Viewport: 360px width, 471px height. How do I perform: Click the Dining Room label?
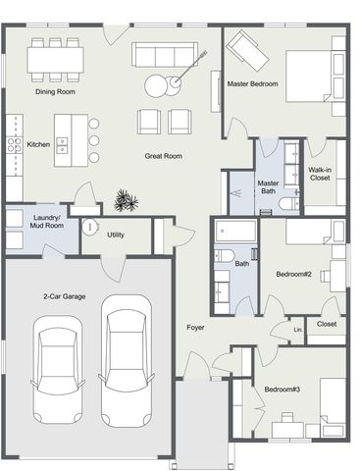click(x=55, y=92)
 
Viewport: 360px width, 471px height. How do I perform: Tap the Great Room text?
click(x=164, y=156)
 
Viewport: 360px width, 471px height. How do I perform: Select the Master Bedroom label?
click(x=253, y=83)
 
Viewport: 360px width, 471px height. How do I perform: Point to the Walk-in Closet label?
click(x=320, y=174)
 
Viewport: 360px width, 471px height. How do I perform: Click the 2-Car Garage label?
click(x=65, y=296)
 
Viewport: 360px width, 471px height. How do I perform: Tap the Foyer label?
click(x=195, y=328)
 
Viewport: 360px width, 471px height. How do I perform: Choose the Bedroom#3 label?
click(x=283, y=390)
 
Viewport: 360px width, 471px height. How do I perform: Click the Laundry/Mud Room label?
click(x=47, y=222)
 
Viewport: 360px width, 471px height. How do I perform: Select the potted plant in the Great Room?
click(x=126, y=200)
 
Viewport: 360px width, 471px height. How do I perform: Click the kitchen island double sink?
click(x=62, y=145)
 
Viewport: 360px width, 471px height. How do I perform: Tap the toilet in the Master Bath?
click(x=289, y=203)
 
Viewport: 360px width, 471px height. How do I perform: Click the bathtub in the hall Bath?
click(x=235, y=231)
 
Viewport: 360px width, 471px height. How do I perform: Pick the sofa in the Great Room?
click(x=165, y=54)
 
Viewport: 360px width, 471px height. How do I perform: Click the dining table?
click(x=55, y=60)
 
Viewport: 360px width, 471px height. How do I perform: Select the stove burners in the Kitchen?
click(x=14, y=145)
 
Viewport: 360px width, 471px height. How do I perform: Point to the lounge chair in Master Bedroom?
click(x=247, y=50)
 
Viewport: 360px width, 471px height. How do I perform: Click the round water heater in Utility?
click(x=90, y=227)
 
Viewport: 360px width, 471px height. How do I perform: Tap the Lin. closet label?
click(x=298, y=330)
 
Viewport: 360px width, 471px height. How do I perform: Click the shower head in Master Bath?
click(x=235, y=193)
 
